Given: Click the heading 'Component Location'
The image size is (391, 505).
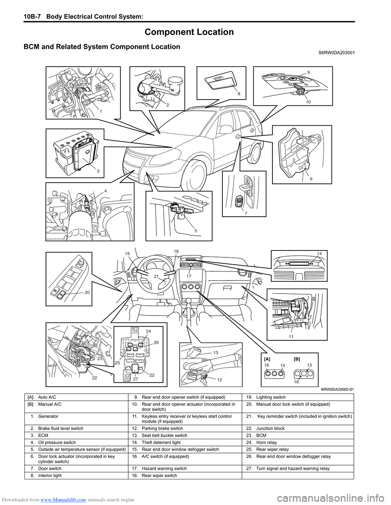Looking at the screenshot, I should click(x=189, y=32).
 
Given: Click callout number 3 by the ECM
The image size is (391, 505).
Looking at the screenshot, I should click(x=98, y=171).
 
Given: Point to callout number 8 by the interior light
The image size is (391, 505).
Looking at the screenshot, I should click(x=239, y=94).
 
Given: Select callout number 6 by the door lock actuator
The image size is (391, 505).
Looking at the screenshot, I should click(x=311, y=179).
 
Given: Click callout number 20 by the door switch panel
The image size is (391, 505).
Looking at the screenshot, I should click(x=87, y=292).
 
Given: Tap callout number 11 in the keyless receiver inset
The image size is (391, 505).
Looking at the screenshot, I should click(x=291, y=337).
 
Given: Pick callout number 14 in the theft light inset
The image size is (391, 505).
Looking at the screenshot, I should click(x=319, y=254).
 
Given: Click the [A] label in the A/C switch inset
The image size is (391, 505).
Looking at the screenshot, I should click(x=267, y=359).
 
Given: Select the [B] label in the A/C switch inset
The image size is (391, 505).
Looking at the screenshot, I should click(x=297, y=359).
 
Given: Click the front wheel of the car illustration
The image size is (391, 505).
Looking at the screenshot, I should click(x=194, y=176).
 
